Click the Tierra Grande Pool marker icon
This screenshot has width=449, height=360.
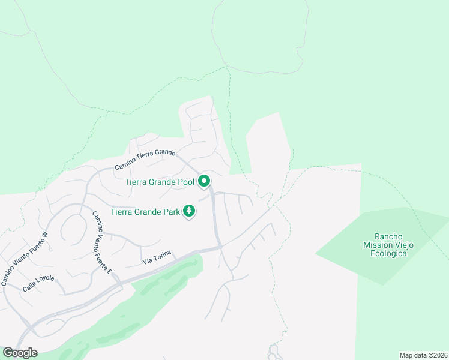[x=204, y=180]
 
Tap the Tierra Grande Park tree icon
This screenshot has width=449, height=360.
[x=190, y=211]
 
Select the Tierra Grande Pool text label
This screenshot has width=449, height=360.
[x=160, y=182]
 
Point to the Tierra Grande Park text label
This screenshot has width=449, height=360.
[x=145, y=212]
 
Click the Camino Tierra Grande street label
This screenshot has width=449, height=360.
[x=145, y=160]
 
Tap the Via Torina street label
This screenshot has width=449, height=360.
[x=157, y=258]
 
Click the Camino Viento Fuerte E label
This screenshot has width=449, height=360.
[x=102, y=244]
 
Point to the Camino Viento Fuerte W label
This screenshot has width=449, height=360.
[x=25, y=259]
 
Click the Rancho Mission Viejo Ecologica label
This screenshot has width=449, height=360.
[x=385, y=245]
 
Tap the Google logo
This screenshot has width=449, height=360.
[x=20, y=353]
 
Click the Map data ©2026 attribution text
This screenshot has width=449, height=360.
[x=423, y=355]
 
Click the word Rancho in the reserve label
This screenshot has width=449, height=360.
[x=385, y=236]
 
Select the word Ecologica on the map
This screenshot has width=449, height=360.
[x=385, y=253]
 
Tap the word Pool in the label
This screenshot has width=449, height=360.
[x=185, y=182]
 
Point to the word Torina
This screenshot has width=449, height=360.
[x=163, y=257]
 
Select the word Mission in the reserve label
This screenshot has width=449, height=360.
[x=376, y=245]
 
